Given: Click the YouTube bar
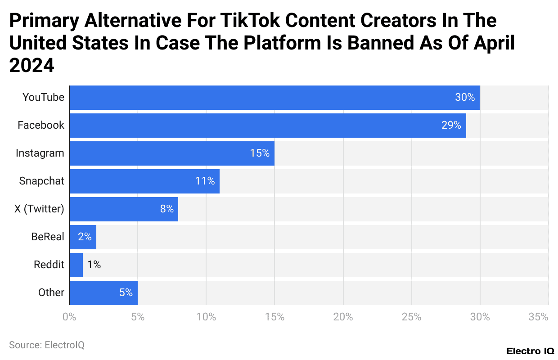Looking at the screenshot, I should (274, 97).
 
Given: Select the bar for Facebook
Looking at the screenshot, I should (268, 125).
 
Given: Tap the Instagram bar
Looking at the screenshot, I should (172, 153).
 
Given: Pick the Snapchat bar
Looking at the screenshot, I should (144, 181).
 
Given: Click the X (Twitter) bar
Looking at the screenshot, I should (124, 209).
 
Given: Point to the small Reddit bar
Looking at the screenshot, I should (76, 265).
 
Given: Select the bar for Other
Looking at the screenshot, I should (103, 292).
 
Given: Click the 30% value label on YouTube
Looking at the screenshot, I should (465, 97).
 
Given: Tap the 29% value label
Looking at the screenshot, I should (451, 125).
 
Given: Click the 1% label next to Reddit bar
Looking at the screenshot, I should (94, 265).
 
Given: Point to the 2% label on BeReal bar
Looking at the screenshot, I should (85, 237).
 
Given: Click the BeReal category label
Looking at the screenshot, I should (48, 237).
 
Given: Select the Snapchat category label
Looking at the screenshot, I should (42, 181).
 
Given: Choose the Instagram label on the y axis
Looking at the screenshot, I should (40, 153).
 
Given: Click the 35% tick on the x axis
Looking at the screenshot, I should (538, 317).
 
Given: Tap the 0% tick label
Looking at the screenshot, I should (69, 317).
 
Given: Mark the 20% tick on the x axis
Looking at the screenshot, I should (343, 317).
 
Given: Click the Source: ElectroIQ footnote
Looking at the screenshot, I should (47, 345).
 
